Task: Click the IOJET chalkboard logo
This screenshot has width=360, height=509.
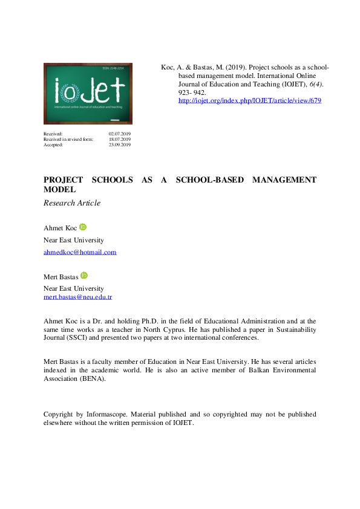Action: (x=88, y=93)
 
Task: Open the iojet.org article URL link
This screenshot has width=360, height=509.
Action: (x=249, y=100)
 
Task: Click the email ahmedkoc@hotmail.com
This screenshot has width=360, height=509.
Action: (x=80, y=252)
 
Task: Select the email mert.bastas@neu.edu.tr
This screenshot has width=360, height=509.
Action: (x=77, y=297)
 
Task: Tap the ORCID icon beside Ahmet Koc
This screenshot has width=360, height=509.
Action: (x=83, y=227)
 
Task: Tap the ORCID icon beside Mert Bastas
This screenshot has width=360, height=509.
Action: (x=84, y=275)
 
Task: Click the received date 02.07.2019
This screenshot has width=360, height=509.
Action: (x=120, y=134)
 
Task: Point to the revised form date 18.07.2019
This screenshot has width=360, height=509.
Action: (x=120, y=139)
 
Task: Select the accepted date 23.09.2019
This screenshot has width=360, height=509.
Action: (x=120, y=144)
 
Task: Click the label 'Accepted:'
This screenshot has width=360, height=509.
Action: (x=53, y=144)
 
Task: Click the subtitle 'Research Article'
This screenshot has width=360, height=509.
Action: (x=71, y=203)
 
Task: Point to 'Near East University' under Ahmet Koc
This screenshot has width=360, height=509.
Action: (x=73, y=240)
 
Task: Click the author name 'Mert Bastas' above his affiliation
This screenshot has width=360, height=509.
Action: (x=61, y=277)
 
